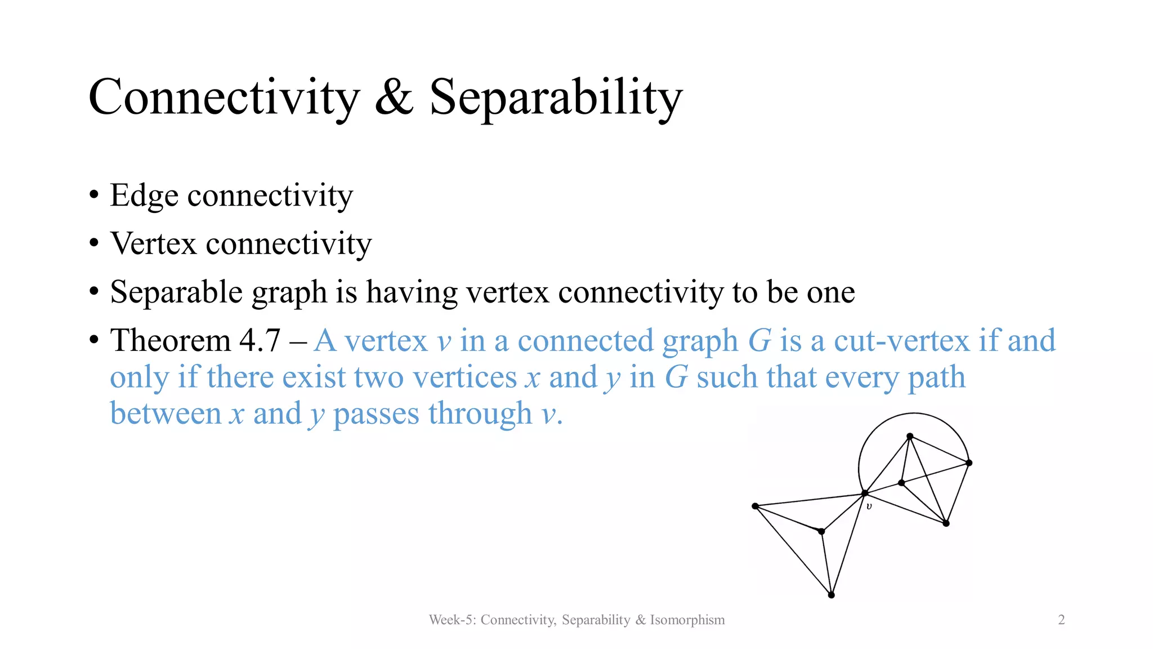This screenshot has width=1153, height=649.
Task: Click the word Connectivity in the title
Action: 224,97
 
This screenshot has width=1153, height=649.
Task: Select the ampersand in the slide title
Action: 394,97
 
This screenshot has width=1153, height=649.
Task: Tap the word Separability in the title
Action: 556,97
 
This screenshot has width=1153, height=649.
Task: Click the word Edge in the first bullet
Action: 144,195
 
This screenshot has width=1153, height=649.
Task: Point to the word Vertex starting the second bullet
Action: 153,244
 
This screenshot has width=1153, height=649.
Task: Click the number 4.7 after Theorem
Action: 260,341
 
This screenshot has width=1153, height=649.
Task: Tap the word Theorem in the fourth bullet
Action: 170,341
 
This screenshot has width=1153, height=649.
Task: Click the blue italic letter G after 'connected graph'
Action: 759,341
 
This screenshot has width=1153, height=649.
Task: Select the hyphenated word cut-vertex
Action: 901,341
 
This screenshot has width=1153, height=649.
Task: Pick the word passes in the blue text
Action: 376,414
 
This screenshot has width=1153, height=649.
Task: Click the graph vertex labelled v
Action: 865,494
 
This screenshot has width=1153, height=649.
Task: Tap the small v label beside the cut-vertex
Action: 869,506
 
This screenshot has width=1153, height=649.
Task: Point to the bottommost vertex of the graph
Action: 831,595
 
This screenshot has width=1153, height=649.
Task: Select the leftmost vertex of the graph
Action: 755,506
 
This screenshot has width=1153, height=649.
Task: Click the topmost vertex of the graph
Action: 910,436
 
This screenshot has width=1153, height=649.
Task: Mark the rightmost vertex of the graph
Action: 969,463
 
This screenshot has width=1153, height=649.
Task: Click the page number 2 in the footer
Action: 1061,620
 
